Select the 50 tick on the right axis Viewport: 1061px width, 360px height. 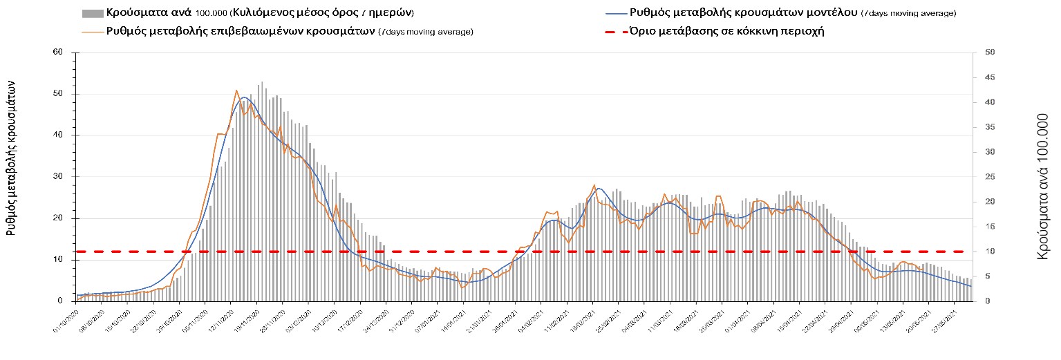[x=990, y=53]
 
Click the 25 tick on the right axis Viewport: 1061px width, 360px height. [x=990, y=177]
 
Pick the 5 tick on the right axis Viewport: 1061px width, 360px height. [x=988, y=276]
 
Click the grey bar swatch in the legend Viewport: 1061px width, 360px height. [x=93, y=13]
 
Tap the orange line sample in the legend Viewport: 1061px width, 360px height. [x=93, y=31]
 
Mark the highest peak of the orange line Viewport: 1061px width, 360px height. [x=236, y=90]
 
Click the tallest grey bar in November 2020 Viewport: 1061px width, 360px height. [x=262, y=82]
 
